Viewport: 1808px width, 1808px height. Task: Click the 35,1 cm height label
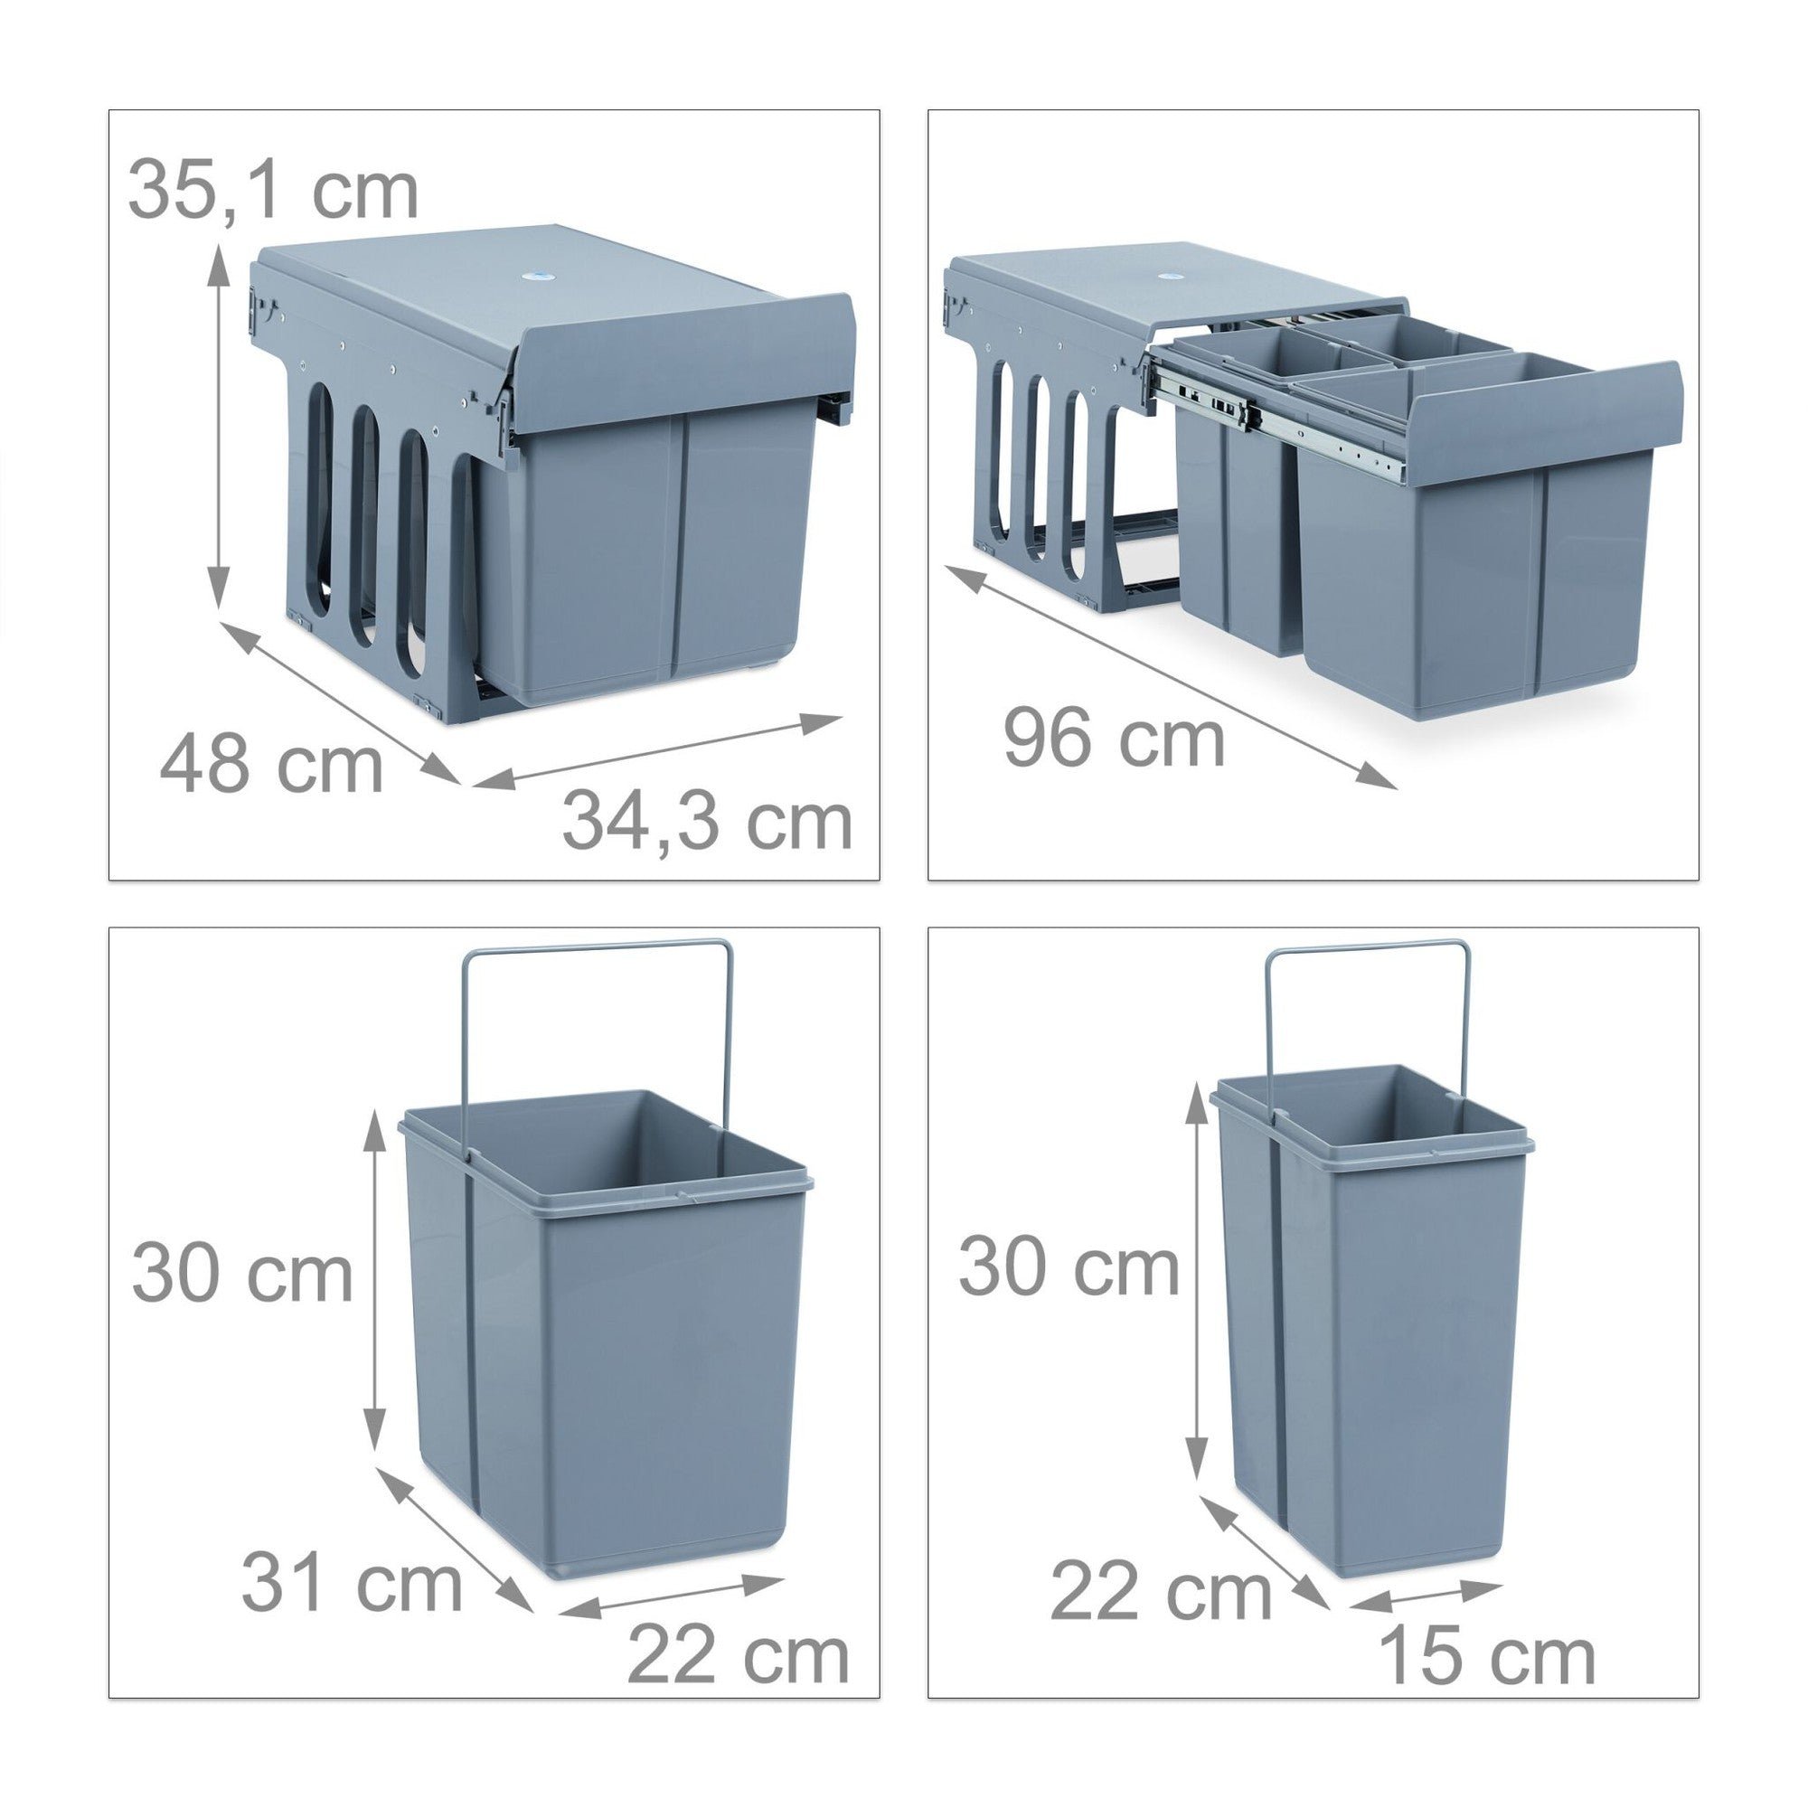pos(272,190)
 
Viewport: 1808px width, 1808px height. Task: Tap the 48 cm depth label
pos(271,766)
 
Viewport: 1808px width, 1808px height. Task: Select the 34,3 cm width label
pos(708,820)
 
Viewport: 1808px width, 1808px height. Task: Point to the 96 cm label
pos(1114,739)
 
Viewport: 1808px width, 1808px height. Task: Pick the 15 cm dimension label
pos(1487,1655)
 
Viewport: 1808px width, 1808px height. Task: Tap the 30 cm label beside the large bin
pos(241,1274)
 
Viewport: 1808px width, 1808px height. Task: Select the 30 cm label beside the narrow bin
pos(1068,1268)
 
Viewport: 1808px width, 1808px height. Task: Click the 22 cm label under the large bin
pos(738,1655)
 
